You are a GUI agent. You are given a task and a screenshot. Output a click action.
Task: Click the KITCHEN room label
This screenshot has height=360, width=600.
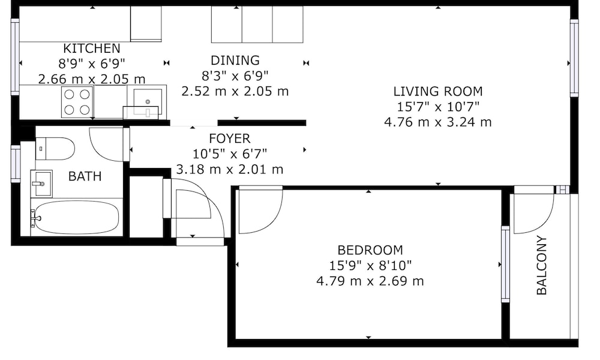(91, 49)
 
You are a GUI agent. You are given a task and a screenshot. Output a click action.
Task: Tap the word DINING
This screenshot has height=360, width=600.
(235, 61)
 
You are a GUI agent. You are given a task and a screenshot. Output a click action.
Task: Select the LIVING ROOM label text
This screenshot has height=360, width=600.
(438, 91)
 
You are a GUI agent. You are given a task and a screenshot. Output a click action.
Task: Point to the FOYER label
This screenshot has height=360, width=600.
(230, 138)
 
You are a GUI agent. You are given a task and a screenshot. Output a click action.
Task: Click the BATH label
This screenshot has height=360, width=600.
(85, 176)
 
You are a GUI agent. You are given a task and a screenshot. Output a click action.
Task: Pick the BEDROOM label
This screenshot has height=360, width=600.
(370, 250)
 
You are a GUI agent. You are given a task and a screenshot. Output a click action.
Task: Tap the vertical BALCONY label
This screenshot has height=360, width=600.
(542, 265)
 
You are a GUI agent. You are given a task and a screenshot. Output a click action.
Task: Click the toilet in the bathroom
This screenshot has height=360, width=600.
(55, 148)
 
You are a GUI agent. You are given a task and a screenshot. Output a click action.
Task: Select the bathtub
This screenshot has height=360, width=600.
(74, 217)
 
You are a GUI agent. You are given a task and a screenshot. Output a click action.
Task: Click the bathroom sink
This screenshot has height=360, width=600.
(41, 184)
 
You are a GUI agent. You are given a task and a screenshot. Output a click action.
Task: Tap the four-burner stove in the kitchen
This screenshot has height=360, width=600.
(77, 101)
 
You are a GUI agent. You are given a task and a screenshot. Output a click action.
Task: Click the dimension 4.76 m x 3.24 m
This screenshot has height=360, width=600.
(438, 122)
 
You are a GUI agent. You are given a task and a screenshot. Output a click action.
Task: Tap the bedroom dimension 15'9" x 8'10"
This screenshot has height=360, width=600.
(370, 266)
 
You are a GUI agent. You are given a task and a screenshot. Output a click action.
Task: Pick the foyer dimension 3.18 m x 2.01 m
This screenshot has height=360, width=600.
(230, 169)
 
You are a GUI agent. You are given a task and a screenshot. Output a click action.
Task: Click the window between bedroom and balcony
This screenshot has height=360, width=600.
(505, 264)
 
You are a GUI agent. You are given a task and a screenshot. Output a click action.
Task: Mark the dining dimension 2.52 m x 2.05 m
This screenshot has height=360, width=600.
(235, 91)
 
